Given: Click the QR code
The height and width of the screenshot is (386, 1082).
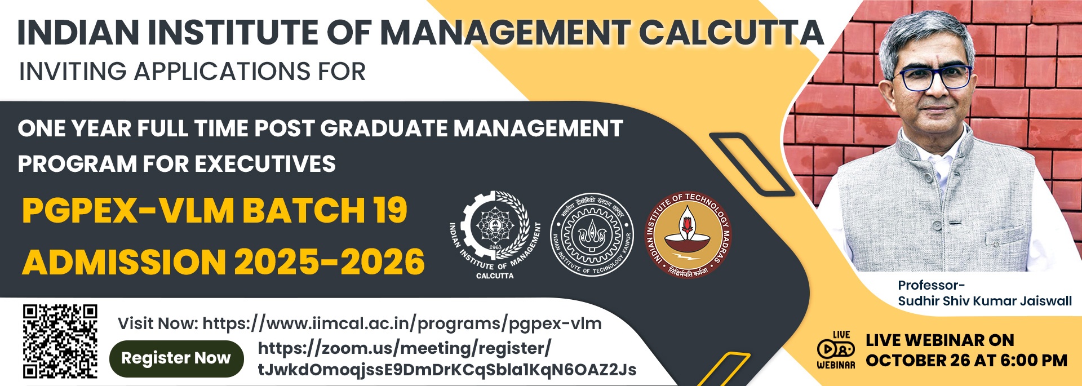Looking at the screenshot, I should (60, 341).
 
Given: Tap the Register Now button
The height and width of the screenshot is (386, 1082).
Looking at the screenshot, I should (176, 358).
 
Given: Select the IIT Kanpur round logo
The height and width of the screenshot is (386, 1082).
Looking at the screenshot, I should (592, 235).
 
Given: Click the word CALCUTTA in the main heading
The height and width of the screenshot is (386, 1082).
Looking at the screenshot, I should (731, 32).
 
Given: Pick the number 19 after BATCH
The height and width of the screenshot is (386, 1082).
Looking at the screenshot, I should (389, 211).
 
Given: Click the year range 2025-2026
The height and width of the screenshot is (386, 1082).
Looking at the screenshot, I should (329, 263).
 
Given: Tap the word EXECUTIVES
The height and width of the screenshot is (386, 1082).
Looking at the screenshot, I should (265, 164).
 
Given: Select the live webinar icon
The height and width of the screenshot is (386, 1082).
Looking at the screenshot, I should (836, 350).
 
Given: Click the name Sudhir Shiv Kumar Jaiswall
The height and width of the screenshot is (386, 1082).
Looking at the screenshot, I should (985, 301).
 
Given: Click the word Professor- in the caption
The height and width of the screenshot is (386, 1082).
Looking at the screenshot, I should (931, 285).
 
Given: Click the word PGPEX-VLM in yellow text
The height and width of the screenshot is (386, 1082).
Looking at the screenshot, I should (128, 211).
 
